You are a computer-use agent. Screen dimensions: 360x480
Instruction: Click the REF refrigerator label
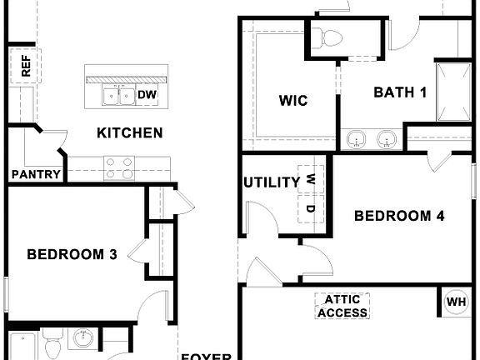click(x=25, y=66)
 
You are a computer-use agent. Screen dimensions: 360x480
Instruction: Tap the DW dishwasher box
click(x=147, y=95)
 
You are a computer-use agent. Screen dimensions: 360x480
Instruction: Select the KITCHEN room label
click(x=129, y=132)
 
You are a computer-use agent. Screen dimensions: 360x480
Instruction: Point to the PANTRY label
click(x=36, y=174)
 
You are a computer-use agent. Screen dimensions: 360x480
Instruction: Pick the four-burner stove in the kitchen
click(x=119, y=169)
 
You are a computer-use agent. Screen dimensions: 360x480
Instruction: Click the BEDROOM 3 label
click(x=71, y=254)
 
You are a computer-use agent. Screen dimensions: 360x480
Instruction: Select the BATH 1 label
click(x=400, y=92)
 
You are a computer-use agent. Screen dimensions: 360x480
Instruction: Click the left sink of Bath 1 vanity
click(x=357, y=138)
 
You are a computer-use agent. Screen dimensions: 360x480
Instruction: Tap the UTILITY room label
click(x=272, y=182)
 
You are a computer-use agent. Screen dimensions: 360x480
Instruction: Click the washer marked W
click(x=310, y=178)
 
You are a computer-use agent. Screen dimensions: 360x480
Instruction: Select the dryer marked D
click(x=310, y=208)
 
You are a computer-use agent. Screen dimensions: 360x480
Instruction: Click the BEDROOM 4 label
click(x=399, y=217)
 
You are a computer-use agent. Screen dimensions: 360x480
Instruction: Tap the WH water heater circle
click(x=456, y=302)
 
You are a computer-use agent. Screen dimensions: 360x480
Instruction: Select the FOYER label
click(x=206, y=356)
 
